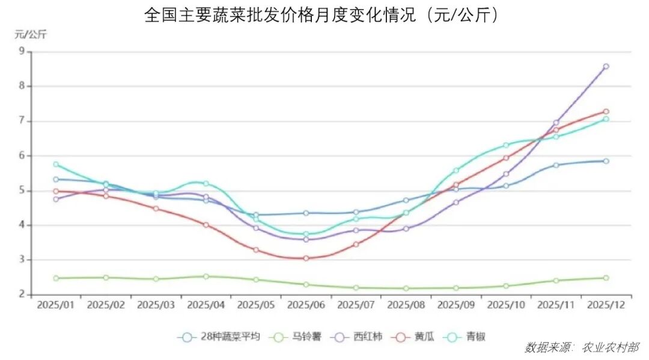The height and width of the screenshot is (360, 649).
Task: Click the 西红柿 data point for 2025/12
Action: tap(606, 67)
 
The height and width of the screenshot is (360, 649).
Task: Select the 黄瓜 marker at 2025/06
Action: tap(306, 258)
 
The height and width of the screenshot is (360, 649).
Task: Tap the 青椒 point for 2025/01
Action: tap(56, 164)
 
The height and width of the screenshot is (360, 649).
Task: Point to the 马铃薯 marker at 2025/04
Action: tap(206, 276)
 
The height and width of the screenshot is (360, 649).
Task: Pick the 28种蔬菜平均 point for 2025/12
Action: tap(606, 161)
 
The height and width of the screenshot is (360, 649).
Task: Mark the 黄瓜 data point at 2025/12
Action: tap(606, 112)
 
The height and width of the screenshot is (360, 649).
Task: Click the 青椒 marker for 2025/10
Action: tap(506, 145)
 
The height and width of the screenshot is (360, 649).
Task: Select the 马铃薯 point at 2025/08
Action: tap(406, 288)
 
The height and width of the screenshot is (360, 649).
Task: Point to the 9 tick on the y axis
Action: tap(22, 51)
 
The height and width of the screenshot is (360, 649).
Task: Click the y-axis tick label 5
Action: tap(22, 191)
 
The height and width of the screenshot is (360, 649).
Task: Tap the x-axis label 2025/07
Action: tap(356, 305)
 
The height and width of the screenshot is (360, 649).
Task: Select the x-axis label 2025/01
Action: tap(56, 305)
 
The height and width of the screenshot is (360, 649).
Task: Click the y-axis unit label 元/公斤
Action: tap(30, 34)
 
